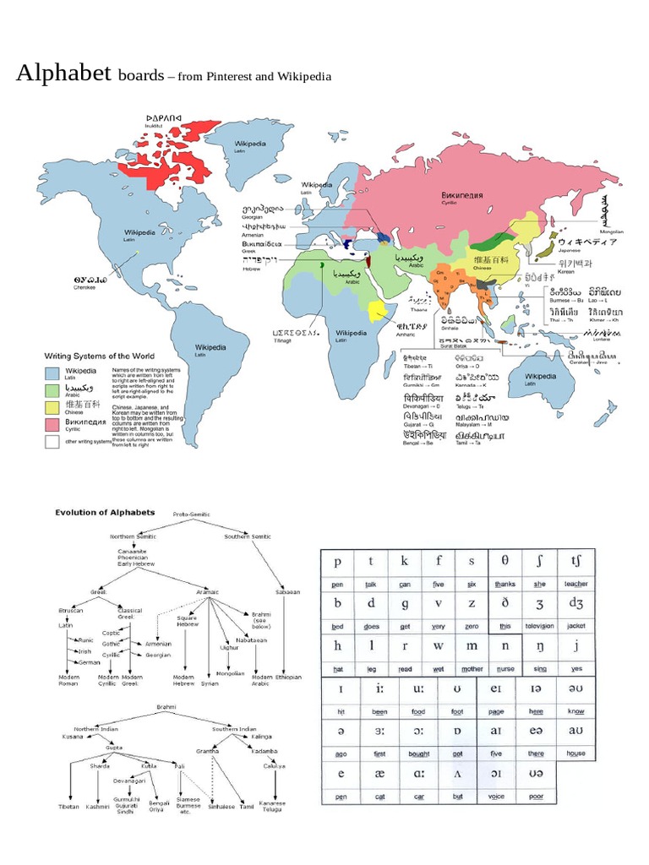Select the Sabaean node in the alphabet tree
click(x=288, y=592)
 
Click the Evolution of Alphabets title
click(x=106, y=512)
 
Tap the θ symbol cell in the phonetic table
click(x=504, y=562)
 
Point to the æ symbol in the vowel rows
click(x=379, y=774)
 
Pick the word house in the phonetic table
click(x=575, y=753)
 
